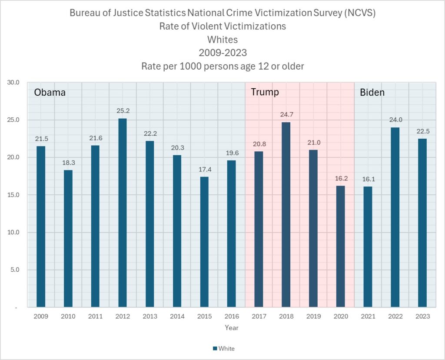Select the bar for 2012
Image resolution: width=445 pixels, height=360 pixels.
pos(123,213)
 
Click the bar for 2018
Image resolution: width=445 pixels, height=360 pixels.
pos(286,215)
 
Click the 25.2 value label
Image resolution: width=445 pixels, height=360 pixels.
pos(123,110)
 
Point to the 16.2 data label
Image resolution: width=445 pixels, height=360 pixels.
pos(340,178)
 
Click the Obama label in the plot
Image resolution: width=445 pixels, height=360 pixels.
pos(50,93)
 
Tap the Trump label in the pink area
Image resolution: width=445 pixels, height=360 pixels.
pos(265,92)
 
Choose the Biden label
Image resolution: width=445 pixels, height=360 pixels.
pos(372,92)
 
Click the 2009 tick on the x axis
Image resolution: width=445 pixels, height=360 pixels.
pos(41,316)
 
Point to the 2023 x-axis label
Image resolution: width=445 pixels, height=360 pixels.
pos(422,316)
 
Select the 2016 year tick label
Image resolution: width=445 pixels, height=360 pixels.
pos(232,316)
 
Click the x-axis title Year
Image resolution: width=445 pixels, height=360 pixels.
pos(232,327)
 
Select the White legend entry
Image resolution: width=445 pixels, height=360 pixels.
pos(224,348)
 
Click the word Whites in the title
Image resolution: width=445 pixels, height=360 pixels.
pos(222,40)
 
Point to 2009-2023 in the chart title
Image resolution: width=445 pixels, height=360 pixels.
pos(222,53)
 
